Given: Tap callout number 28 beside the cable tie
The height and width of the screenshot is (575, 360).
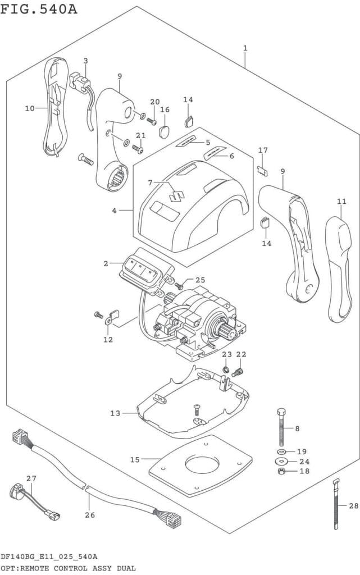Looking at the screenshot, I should [x=352, y=506].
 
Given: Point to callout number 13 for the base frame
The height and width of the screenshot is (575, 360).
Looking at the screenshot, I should [x=115, y=413].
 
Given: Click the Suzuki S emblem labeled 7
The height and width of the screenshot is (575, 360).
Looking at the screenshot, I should [x=176, y=193].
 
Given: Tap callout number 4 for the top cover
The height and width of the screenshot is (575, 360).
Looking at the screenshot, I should [x=114, y=211].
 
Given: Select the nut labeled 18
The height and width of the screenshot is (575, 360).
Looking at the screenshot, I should [x=281, y=471].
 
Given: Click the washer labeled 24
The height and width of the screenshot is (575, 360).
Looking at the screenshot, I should [x=281, y=462].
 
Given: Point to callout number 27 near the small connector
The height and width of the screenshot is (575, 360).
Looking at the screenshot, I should [x=31, y=478].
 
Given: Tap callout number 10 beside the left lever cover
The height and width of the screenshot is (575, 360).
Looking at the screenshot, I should [x=29, y=108].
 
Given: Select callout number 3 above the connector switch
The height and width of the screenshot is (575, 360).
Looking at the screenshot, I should [x=85, y=61].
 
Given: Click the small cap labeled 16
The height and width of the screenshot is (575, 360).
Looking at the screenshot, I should [x=164, y=131].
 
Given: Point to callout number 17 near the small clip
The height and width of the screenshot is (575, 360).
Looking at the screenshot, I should [x=263, y=150].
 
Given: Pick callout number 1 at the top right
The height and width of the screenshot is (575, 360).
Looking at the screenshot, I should [x=245, y=48].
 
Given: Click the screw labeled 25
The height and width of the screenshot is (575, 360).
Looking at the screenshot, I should [x=180, y=285].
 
